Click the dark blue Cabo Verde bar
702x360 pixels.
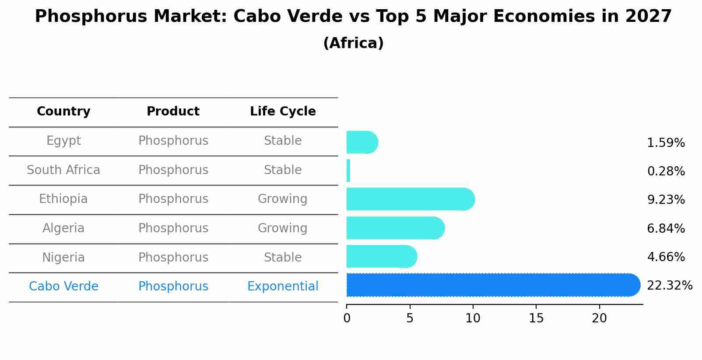492,285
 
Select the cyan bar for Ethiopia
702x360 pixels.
410,199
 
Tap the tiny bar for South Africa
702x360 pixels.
348,171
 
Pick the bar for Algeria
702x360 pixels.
395,228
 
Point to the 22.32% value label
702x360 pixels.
669,286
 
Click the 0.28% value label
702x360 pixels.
666,171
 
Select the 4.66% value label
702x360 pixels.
666,257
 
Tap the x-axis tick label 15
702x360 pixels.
536,318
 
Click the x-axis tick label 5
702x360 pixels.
410,318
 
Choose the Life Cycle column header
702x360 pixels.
283,112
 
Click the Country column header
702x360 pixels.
63,112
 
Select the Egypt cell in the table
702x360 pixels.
63,141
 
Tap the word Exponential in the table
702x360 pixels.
283,287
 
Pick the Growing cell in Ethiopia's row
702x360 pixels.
283,199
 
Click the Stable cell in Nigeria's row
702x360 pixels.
283,258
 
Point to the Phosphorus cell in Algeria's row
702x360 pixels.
173,228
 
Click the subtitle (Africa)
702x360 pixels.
353,43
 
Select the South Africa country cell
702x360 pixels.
63,170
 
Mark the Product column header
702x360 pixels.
173,112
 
